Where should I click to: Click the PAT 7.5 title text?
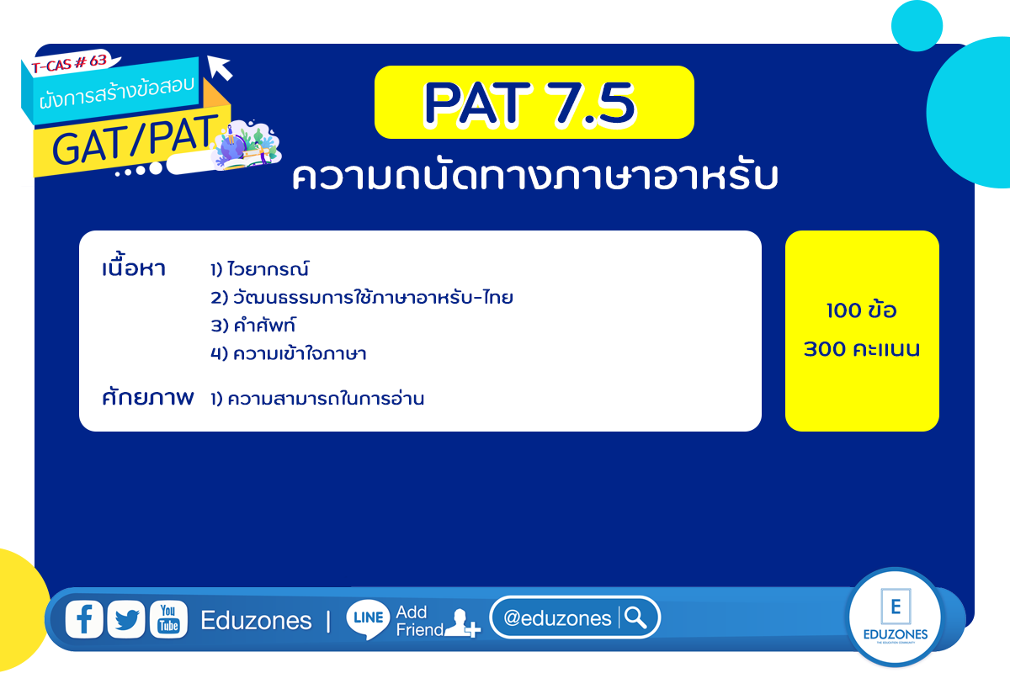(529, 103)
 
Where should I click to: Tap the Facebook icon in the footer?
(84, 619)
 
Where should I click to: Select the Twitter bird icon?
(126, 619)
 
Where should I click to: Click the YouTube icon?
(168, 619)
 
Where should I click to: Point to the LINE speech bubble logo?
(368, 619)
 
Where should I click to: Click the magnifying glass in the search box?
(635, 617)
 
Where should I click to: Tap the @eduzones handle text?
(557, 618)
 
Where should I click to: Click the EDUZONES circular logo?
(895, 617)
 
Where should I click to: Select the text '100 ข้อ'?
(862, 310)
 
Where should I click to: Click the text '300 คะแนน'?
(862, 349)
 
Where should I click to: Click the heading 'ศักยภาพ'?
(148, 397)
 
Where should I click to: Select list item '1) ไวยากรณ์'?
(260, 268)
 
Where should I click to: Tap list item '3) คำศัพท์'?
(253, 325)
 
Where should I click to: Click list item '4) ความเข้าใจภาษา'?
(289, 353)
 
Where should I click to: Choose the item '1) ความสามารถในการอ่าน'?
(317, 399)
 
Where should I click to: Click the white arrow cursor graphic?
(220, 67)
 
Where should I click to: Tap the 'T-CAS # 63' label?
(69, 63)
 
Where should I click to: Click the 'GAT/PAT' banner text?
(136, 140)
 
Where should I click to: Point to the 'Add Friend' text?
(419, 621)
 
